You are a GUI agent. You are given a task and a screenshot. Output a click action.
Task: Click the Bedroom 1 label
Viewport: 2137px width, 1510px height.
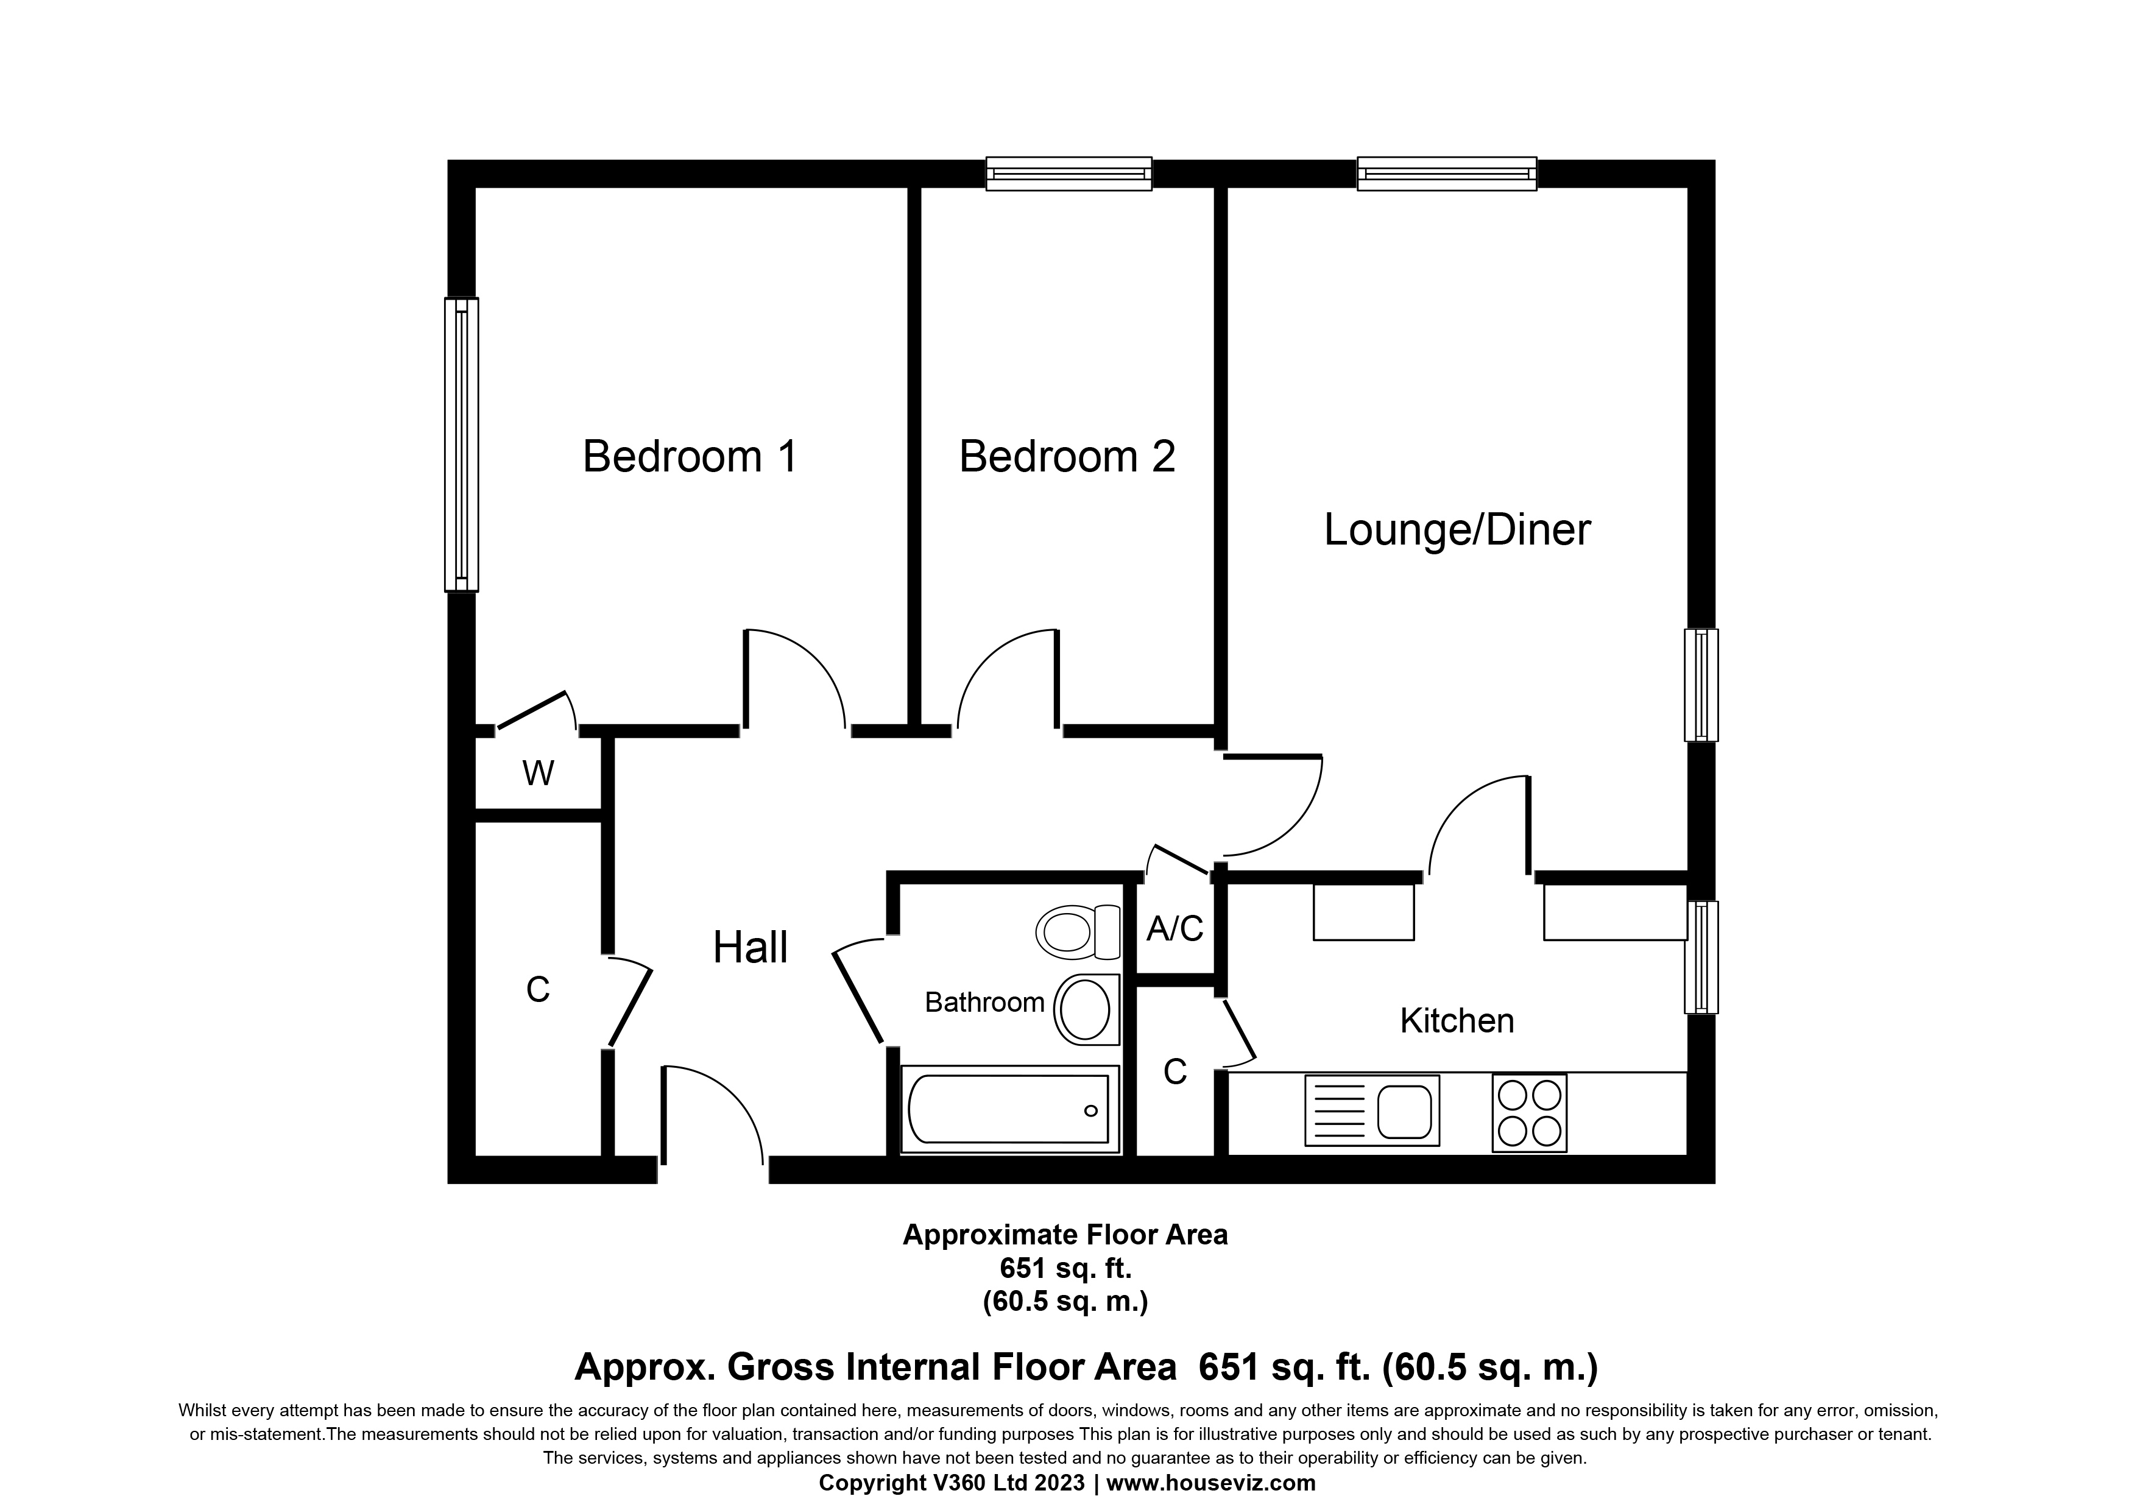[x=690, y=457]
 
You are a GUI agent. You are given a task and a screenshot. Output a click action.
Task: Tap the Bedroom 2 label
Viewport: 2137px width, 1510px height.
[x=1067, y=457]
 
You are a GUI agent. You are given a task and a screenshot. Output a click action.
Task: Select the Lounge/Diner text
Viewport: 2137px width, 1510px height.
[x=1457, y=531]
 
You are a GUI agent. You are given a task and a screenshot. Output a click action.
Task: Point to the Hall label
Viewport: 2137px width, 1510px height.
[x=750, y=948]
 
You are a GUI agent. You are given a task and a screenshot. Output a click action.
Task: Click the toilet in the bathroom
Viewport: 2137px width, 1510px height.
[x=1078, y=932]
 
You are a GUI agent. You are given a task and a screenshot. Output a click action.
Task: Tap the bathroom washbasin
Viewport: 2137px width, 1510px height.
[x=1086, y=1011]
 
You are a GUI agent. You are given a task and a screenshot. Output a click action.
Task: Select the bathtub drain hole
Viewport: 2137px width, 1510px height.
[x=1091, y=1111]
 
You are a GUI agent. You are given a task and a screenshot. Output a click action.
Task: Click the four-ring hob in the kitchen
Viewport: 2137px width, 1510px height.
[x=1529, y=1113]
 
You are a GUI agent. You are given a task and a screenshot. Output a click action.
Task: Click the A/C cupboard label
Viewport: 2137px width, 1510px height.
[x=1174, y=928]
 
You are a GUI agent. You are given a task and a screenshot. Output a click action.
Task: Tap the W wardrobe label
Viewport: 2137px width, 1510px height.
[x=538, y=773]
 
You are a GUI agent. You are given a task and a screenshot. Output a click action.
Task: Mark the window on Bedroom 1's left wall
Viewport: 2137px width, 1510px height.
[x=462, y=445]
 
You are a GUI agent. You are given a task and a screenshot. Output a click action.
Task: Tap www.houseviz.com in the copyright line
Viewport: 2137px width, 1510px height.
[x=1211, y=1483]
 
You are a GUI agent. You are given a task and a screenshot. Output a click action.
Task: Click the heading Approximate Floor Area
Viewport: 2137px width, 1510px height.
[x=1065, y=1235]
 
